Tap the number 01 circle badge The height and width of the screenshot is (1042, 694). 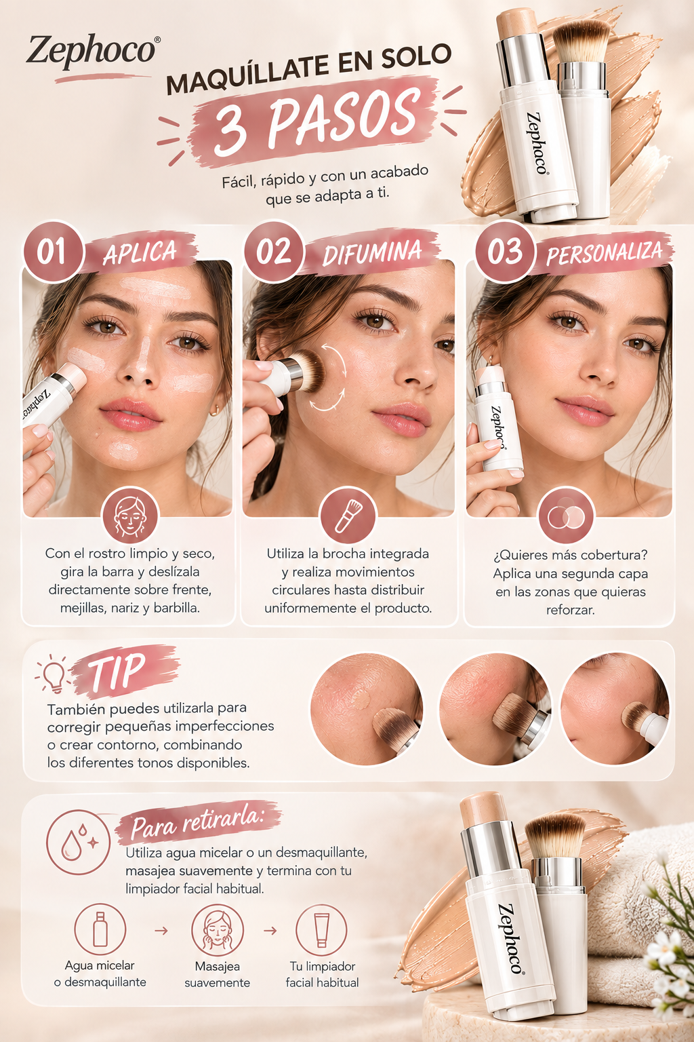click(53, 252)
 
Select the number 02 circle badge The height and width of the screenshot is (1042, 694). click(274, 252)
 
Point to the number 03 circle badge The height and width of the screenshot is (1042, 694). click(505, 252)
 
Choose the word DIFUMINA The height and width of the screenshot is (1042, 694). click(372, 252)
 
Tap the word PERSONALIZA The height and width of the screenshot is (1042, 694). click(605, 252)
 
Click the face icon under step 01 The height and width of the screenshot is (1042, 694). click(130, 516)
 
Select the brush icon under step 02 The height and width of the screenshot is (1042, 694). click(348, 516)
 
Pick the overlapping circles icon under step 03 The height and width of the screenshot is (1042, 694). click(566, 516)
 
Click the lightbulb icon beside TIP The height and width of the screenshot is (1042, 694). click(52, 674)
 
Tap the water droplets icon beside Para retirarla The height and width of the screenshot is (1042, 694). click(78, 843)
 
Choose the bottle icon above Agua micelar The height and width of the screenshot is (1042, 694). click(100, 929)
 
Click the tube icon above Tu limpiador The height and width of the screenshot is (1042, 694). click(321, 930)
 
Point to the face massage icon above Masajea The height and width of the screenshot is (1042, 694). click(217, 930)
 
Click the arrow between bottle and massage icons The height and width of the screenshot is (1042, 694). click(161, 931)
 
